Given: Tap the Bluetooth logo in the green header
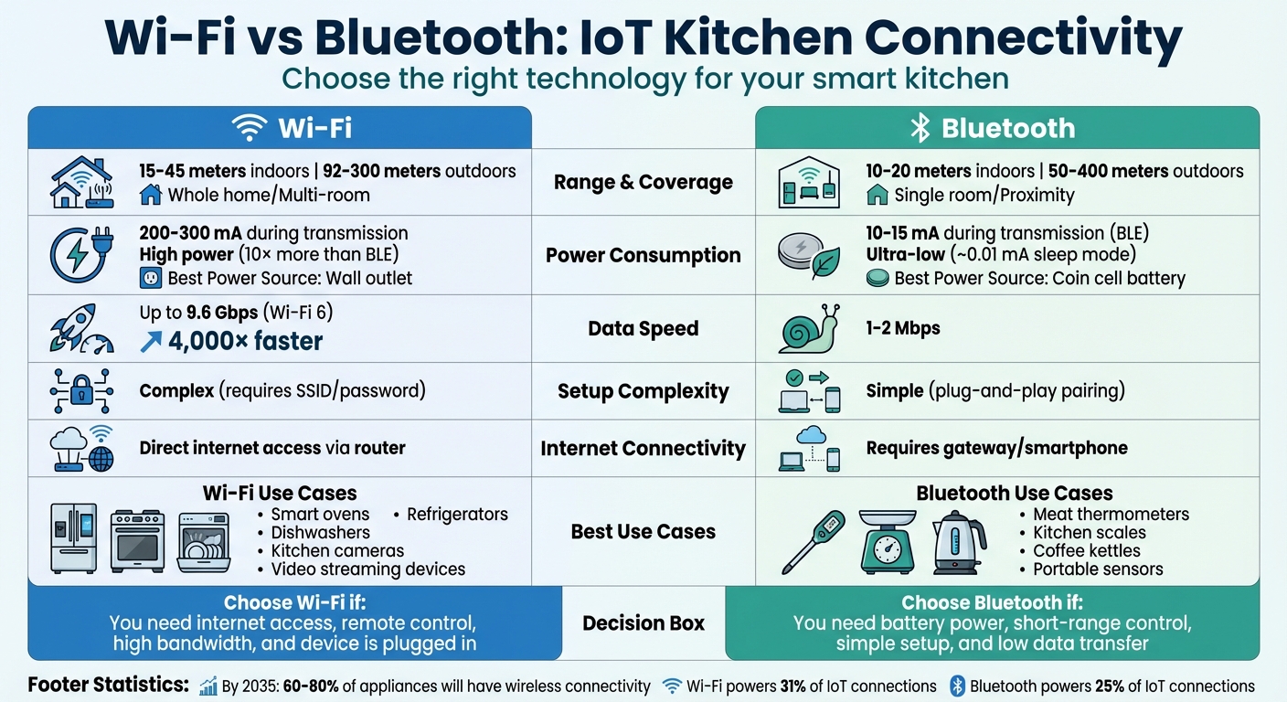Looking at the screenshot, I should coord(919,128).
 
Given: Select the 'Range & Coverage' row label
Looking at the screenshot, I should coord(643,182).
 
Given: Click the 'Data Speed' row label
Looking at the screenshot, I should coord(643,329).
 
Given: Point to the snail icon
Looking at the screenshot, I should coord(810,329).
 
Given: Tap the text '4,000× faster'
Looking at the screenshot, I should coord(246,342).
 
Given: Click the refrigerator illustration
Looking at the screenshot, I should coord(73,537).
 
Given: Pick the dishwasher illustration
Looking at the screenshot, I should coord(203,542).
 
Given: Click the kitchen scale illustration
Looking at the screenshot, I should coord(887,541).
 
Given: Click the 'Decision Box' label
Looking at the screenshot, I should coord(643,623).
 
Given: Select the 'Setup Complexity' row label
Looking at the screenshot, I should coord(643,392).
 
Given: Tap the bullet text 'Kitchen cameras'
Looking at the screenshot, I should coord(337,551).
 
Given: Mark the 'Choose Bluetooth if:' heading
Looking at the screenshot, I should coord(992,603).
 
